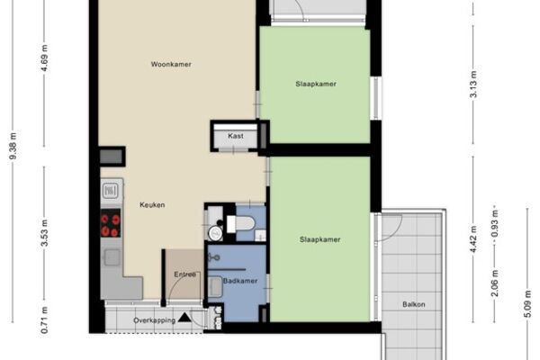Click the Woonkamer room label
(171, 65)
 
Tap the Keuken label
(152, 205)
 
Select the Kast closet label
(236, 136)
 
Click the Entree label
(184, 274)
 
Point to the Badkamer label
(240, 281)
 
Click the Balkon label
(414, 304)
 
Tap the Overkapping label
(155, 320)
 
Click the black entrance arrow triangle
(184, 318)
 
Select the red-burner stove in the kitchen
(111, 223)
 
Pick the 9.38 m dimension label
(13, 146)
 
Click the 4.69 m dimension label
(44, 58)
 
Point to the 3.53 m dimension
(44, 233)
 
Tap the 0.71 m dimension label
(44, 320)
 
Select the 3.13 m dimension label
(473, 85)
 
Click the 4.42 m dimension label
(473, 239)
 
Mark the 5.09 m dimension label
(528, 304)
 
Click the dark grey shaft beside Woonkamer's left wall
(112, 157)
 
